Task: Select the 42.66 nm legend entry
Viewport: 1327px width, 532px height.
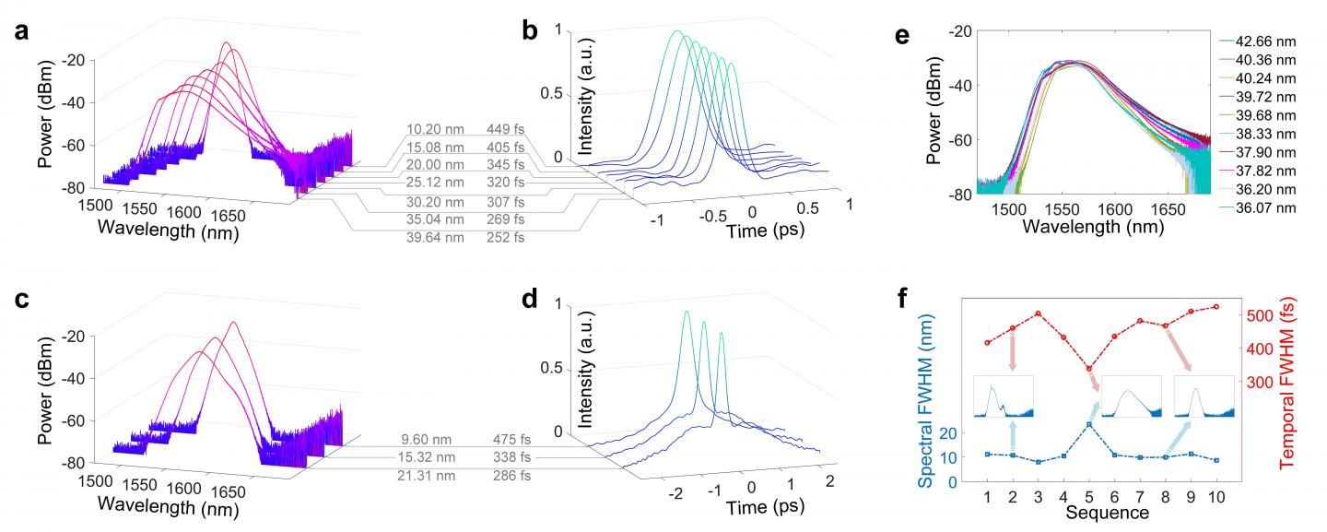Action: [1270, 41]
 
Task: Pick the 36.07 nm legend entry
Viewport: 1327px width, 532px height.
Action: [1270, 208]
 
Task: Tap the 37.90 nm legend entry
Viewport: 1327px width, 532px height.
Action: [1270, 152]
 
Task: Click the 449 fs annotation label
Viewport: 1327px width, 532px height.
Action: [506, 135]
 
